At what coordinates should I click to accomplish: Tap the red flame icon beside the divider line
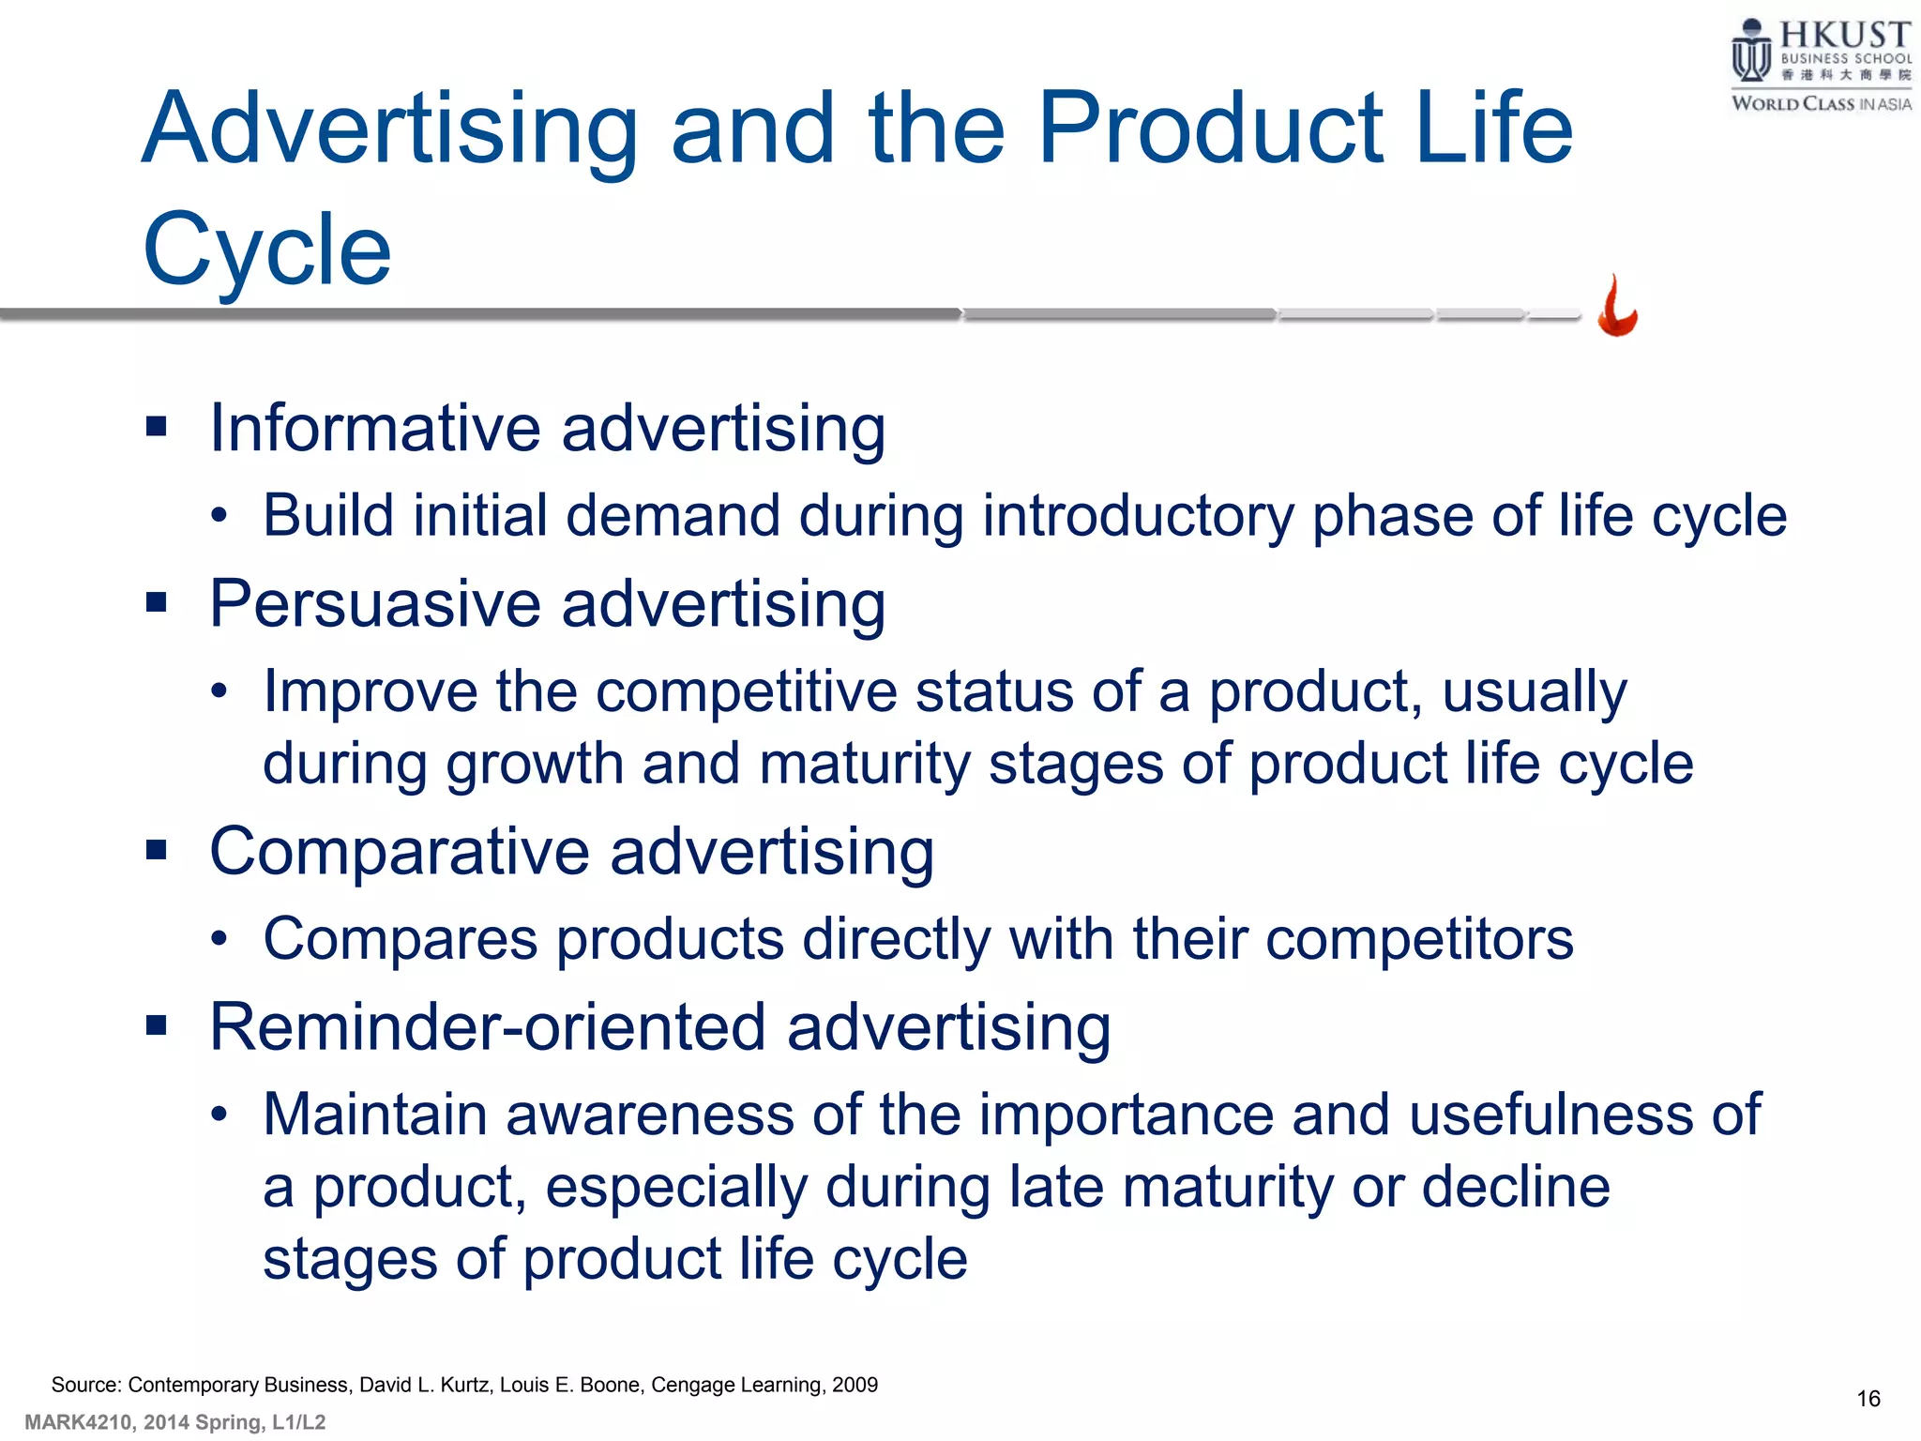pos(1617,308)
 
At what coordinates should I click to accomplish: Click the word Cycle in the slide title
pos(267,250)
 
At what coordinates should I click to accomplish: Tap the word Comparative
pos(400,852)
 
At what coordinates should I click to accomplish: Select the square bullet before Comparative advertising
pos(157,850)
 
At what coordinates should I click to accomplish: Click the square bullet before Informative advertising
pos(157,428)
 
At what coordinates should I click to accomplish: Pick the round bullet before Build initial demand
pos(219,516)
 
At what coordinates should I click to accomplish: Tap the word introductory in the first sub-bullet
pos(1137,517)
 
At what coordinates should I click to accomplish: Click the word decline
pos(1516,1187)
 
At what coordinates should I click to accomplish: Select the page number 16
pos(1868,1399)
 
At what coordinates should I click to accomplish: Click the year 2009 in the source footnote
pos(855,1385)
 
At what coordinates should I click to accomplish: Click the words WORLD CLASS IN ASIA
pos(1821,104)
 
